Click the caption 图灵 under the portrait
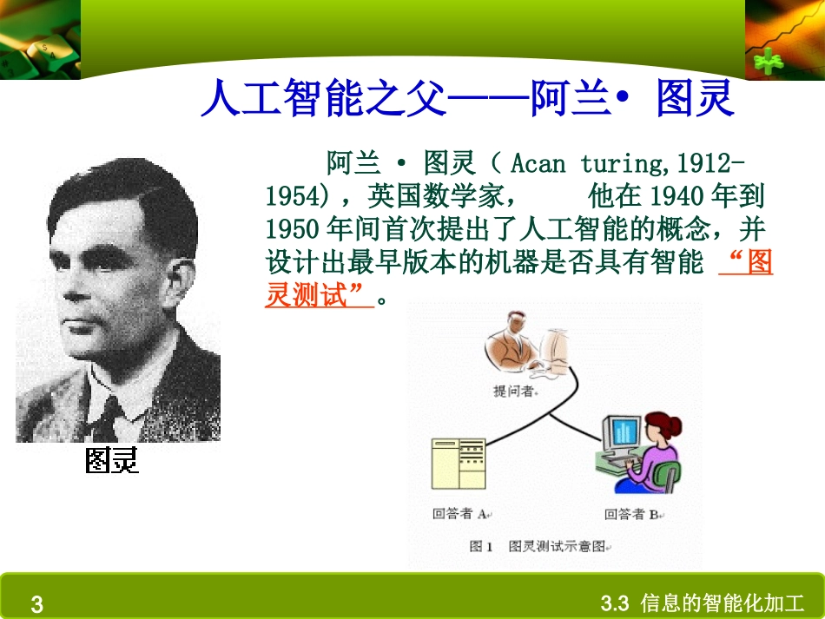point(112,461)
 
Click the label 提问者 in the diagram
point(514,391)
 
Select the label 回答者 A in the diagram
point(460,514)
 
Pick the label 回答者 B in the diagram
point(632,514)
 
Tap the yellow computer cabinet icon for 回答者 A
point(458,464)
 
